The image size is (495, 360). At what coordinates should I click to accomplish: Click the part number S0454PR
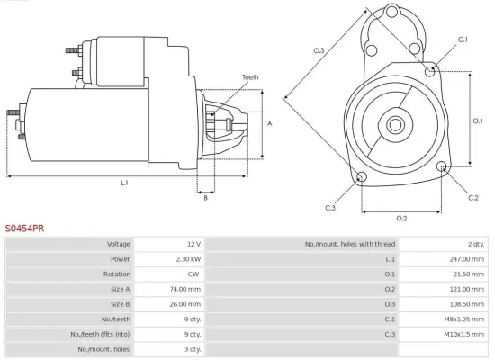pos(24,229)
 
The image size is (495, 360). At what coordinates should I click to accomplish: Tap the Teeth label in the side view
pos(250,77)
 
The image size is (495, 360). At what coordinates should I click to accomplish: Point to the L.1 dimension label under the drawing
pos(124,183)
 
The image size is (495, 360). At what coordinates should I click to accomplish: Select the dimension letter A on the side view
pos(269,123)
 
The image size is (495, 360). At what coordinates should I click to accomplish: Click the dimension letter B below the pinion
pos(206,197)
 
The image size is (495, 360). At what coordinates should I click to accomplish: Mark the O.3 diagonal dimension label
pos(319,51)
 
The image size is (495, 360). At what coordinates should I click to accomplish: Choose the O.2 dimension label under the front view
pos(401,218)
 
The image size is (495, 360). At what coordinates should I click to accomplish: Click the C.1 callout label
pos(463,40)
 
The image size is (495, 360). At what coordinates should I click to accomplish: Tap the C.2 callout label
pos(473,196)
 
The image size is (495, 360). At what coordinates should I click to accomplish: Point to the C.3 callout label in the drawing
pos(330,209)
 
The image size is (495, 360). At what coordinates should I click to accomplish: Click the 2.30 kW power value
pos(188,259)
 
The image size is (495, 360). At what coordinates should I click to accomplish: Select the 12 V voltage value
pos(193,244)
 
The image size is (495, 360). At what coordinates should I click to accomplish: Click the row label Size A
pos(120,289)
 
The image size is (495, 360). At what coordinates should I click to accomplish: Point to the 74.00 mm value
pos(188,289)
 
